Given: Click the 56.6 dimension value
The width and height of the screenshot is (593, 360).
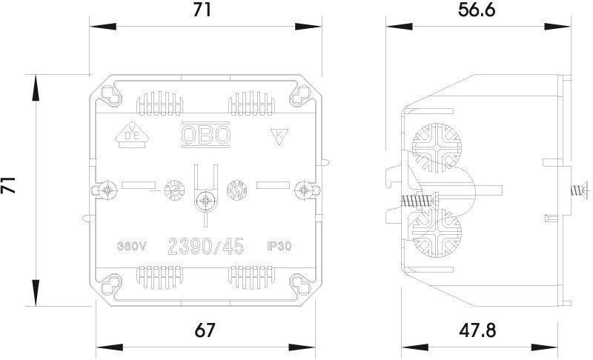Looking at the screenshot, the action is point(476,10).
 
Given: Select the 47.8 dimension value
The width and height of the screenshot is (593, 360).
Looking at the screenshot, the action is point(477,330).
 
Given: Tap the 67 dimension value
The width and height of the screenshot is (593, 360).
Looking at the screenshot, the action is point(205,330).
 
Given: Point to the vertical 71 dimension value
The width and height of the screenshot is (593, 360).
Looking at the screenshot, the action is point(8,184).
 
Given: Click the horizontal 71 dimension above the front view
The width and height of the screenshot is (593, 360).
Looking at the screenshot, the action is point(202,10).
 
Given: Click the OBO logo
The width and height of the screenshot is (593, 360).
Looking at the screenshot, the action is point(206,135).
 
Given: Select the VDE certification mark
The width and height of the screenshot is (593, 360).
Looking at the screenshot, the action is point(132,135).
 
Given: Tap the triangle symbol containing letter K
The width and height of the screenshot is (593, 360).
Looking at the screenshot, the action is point(279,136).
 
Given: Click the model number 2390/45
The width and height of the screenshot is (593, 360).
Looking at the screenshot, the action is point(206,247).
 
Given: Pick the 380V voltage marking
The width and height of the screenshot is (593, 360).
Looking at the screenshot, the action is point(132,246).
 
